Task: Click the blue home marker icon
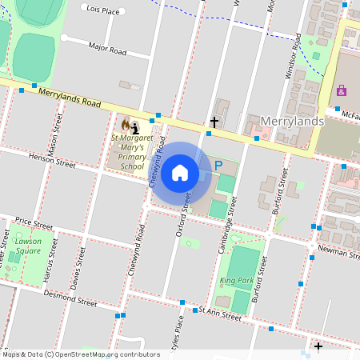click(180, 172)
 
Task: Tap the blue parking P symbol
click(217, 166)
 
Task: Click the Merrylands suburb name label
click(293, 120)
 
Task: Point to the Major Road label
click(107, 50)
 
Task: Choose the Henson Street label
click(51, 162)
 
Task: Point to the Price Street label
click(34, 220)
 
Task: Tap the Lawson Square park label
click(27, 246)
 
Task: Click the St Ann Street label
click(219, 314)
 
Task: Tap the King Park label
click(236, 281)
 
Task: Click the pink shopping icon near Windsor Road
click(342, 90)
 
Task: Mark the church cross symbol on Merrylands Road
click(214, 122)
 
